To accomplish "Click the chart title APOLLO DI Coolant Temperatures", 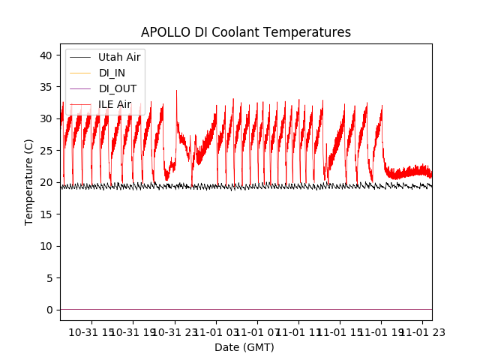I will (246, 33).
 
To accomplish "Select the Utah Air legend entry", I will (118, 57).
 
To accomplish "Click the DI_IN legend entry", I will (112, 73).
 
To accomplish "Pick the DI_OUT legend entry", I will (117, 88).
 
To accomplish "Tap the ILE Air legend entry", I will (114, 104).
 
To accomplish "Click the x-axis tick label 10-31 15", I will (92, 331).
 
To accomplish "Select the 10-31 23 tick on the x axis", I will (176, 331).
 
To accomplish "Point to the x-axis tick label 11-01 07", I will (259, 331).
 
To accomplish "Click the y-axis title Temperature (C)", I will (30, 182).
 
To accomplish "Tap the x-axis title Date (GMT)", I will (244, 347).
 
